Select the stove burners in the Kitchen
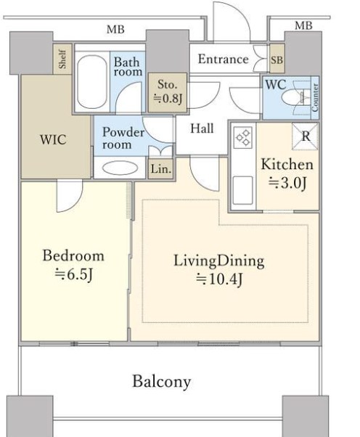pos(244,138)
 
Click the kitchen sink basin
pos(242,190)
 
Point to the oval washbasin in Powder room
pos(120,168)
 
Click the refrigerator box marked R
pos(305,136)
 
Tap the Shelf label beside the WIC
pos(63,59)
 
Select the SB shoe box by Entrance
pos(277,60)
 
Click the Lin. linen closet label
pos(161,169)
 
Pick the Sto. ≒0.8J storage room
pos(168,92)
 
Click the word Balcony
pos(161,382)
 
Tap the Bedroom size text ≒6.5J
pos(73,274)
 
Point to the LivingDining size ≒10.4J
pos(219,279)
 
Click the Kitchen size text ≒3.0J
pos(287,183)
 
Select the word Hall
pos(202,128)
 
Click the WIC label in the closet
pos(53,139)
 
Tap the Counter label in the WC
pos(315,97)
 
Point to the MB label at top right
pos(303,25)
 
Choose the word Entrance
pos(224,59)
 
